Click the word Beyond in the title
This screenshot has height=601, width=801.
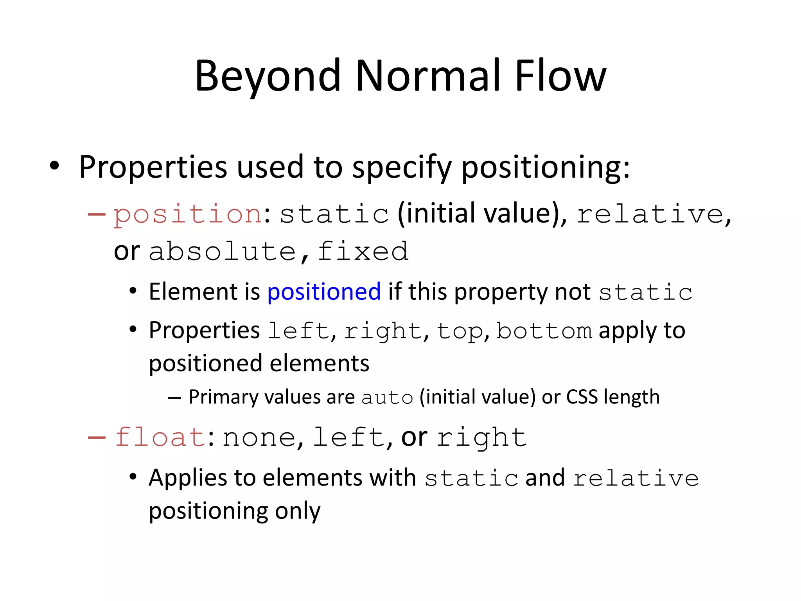point(268,76)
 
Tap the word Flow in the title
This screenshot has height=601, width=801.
point(560,76)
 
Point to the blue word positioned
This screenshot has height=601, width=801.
point(324,292)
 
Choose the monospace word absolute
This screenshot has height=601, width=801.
point(222,252)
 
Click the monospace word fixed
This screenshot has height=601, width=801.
point(363,252)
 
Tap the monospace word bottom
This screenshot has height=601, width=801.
point(544,331)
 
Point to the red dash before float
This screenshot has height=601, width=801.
point(97,437)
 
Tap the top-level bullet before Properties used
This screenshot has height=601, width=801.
point(54,166)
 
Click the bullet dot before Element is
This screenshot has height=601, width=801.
point(133,292)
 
